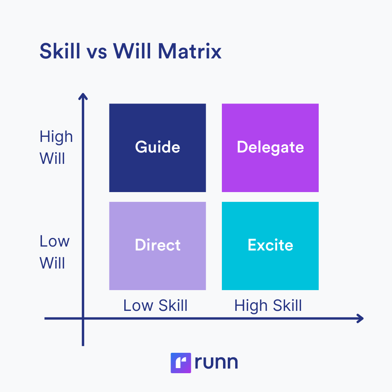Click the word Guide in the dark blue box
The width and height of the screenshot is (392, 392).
158,147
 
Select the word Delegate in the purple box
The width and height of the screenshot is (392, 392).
270,147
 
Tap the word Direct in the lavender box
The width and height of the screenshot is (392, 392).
158,245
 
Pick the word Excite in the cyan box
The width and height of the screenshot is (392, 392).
270,245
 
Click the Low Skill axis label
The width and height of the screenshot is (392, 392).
155,306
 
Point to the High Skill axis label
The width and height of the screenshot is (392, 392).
268,306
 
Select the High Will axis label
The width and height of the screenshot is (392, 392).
56,148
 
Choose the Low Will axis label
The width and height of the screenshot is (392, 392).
54,252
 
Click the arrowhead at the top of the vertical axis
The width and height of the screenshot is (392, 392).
83,96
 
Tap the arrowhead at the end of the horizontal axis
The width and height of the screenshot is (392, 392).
360,318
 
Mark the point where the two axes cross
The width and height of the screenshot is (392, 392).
83,318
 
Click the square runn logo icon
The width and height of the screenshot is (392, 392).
181,363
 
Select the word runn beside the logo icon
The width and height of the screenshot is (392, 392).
216,363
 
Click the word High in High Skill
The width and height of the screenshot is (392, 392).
250,306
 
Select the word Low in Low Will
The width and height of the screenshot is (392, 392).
54,241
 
